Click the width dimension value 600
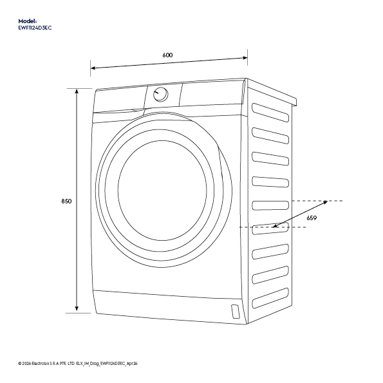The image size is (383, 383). [x=167, y=55]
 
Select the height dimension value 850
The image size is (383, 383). [x=66, y=201]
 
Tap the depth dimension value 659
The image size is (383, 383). [x=312, y=218]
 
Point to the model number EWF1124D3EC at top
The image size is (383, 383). [x=35, y=28]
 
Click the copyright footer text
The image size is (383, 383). [x=78, y=364]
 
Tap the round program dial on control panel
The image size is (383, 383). [x=160, y=94]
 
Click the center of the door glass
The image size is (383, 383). [x=162, y=191]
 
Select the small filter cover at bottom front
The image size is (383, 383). [x=236, y=312]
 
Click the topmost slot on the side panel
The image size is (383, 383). [x=270, y=113]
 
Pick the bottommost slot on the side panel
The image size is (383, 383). [x=270, y=298]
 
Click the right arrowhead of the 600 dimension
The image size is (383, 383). [x=245, y=58]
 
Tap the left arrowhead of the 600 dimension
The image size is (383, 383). [x=93, y=68]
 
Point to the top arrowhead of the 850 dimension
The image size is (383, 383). [x=77, y=91]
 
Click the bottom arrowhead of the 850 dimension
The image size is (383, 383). [x=77, y=308]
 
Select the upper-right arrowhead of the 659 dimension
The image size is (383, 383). [x=325, y=202]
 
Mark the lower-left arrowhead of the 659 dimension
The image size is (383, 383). [x=275, y=226]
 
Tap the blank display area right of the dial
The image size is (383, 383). [x=211, y=94]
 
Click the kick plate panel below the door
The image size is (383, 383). [x=169, y=306]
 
